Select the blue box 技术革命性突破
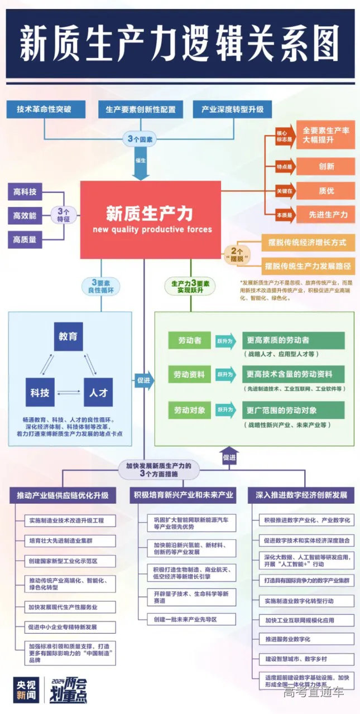[44, 109]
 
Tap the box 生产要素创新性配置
[140, 109]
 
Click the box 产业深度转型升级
[232, 109]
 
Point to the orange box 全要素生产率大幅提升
[325, 136]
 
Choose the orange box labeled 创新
[325, 166]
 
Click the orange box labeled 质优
[325, 190]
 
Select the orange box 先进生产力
[325, 214]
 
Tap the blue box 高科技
[25, 192]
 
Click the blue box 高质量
[25, 240]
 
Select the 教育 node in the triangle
[68, 336]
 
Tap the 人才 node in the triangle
[98, 393]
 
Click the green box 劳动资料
[189, 374]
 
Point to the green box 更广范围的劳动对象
[293, 410]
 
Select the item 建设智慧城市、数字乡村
[309, 659]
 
